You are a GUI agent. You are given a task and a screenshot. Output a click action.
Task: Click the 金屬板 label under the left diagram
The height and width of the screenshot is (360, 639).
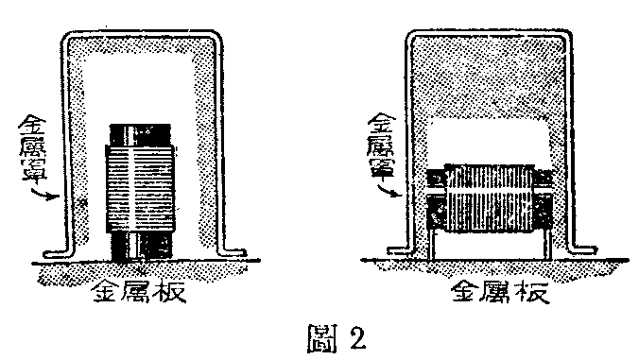point(140,290)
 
